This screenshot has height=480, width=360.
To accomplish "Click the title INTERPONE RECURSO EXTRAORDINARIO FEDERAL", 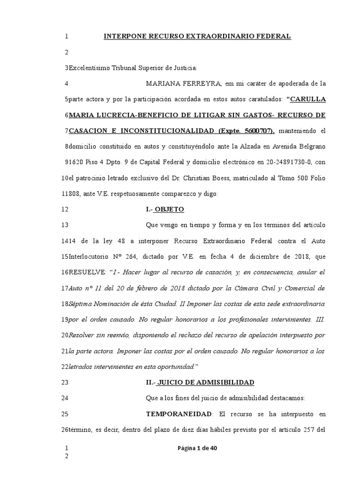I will coord(197,36).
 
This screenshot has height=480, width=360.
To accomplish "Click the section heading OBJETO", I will coord(169,209).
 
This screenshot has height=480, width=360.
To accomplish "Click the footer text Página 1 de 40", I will coord(197,448).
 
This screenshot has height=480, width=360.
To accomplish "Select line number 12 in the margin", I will coord(65,209).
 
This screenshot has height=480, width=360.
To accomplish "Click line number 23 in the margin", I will coord(65,382).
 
